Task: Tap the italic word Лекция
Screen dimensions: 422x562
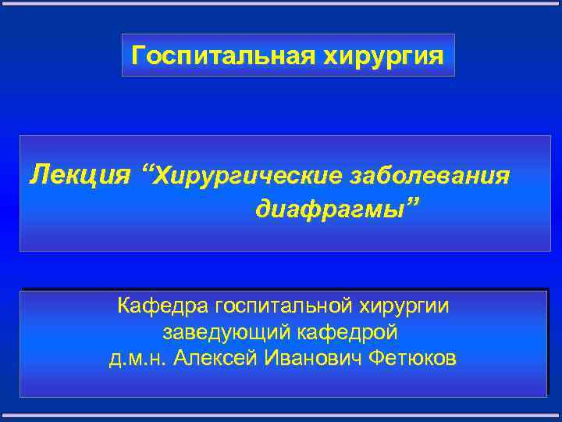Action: click(80, 174)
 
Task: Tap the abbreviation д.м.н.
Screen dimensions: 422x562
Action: click(137, 359)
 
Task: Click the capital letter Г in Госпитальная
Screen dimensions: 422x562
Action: click(138, 55)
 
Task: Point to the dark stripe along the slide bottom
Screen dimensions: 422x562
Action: click(281, 416)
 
